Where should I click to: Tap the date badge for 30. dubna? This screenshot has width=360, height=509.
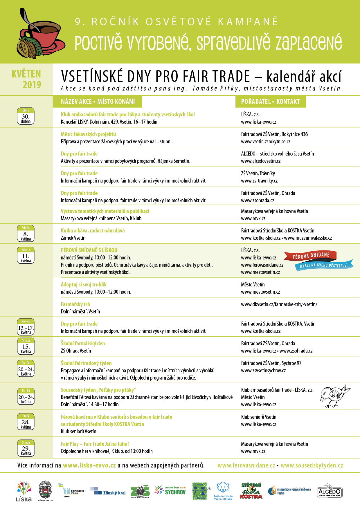[x=26, y=116]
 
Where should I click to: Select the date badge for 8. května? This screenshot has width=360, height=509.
[x=26, y=234]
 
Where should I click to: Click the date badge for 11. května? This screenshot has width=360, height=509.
[x=26, y=255]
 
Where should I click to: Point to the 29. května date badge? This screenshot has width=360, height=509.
[x=26, y=448]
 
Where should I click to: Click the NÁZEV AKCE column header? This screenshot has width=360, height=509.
[x=98, y=102]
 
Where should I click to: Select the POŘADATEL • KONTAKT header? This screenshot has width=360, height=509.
[x=270, y=102]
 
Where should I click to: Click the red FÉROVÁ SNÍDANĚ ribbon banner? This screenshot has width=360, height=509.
[x=311, y=256]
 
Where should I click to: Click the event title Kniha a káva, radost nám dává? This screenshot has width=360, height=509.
[x=93, y=231]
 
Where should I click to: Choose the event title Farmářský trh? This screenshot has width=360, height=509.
[x=75, y=304]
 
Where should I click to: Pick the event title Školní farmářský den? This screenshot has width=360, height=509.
[x=83, y=343]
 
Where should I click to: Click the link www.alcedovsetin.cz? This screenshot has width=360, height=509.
[x=261, y=161]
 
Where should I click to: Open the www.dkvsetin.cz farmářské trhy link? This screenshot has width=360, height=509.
[x=279, y=304]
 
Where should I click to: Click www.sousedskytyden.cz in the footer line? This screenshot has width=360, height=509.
[x=312, y=465]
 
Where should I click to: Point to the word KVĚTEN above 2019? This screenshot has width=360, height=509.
[x=26, y=74]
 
